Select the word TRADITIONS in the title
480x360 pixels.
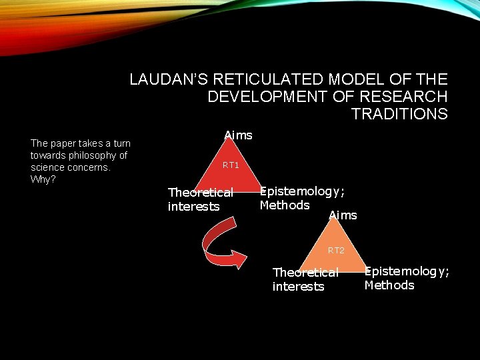pyautogui.click(x=399, y=114)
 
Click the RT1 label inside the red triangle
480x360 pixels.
pyautogui.click(x=231, y=165)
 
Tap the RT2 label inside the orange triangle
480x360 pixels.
pyautogui.click(x=336, y=251)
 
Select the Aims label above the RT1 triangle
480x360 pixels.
pyautogui.click(x=238, y=135)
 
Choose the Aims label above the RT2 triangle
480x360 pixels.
pyautogui.click(x=343, y=215)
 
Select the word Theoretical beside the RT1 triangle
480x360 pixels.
pyautogui.click(x=200, y=193)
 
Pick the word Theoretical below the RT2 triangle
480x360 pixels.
pyautogui.click(x=305, y=273)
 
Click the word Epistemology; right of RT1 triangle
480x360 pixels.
pyautogui.click(x=302, y=191)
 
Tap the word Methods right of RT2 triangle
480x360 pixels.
pyautogui.click(x=389, y=285)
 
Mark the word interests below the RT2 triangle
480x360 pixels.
pyautogui.click(x=298, y=287)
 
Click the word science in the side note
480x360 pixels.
pyautogui.click(x=47, y=167)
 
